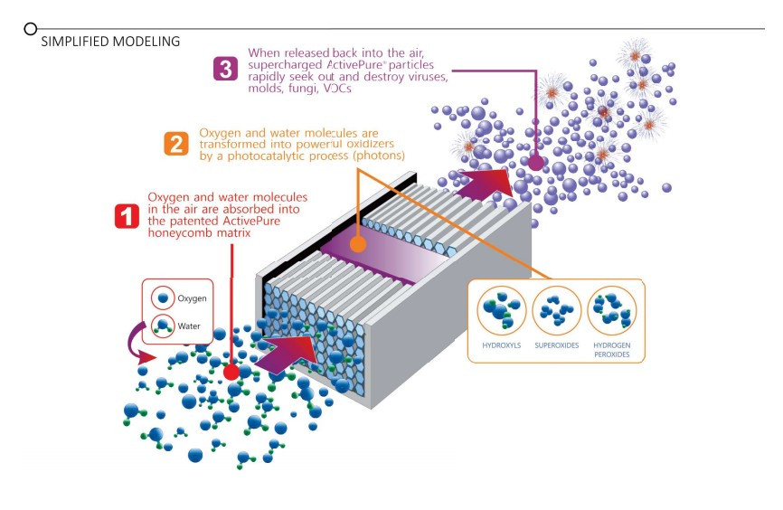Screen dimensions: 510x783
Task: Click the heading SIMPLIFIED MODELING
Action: point(110,42)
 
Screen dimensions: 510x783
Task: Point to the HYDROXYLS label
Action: point(501,345)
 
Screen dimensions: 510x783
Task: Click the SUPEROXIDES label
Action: point(557,345)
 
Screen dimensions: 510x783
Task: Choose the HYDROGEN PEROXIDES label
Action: point(612,349)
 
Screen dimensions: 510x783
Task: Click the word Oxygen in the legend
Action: point(192,297)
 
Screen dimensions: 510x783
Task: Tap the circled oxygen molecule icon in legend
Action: point(163,297)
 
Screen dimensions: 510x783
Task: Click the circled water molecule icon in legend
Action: point(163,326)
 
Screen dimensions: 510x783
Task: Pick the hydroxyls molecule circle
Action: point(501,310)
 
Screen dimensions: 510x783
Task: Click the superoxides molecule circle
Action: point(557,310)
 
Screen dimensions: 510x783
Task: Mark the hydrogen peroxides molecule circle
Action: point(612,310)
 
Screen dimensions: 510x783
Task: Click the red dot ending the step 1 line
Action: point(231,372)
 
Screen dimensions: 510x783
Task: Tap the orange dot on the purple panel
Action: point(358,244)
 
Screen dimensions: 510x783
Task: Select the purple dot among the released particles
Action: point(536,164)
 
